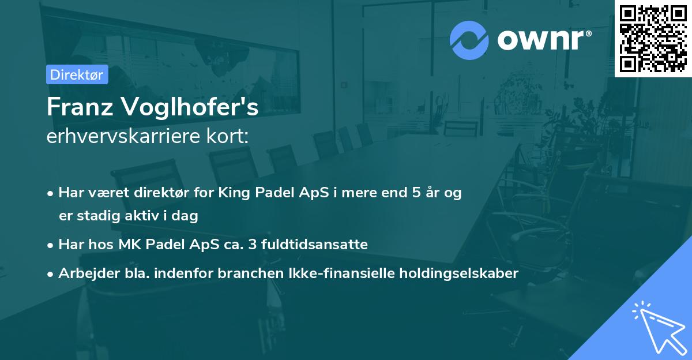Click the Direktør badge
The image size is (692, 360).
point(77,74)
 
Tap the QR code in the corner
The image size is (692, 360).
point(653,39)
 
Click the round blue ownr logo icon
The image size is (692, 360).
point(469,40)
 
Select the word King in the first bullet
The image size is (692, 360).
point(232,193)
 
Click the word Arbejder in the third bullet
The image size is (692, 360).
point(84,273)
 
